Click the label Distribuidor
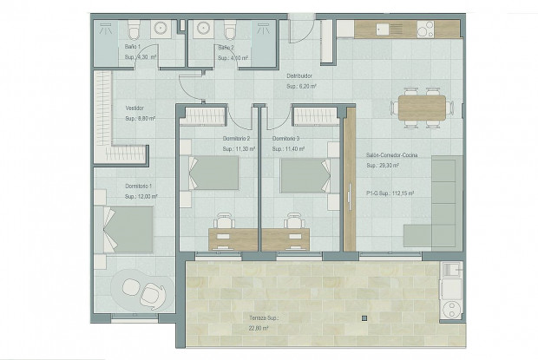(x=299, y=75)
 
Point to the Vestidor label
(x=134, y=108)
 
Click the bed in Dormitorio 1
(x=126, y=228)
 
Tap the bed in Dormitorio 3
(x=304, y=173)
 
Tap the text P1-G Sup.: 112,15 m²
(x=390, y=194)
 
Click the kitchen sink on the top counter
(x=383, y=29)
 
